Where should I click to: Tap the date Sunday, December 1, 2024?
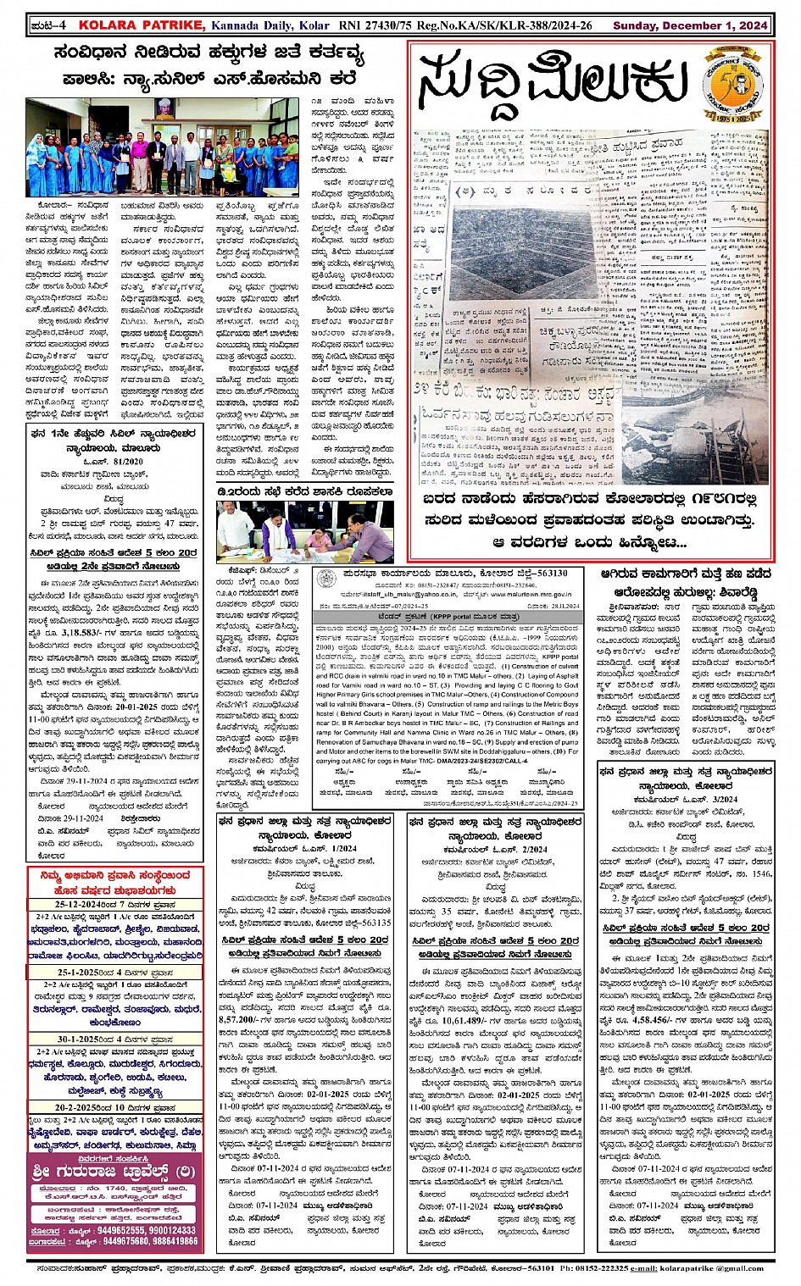point(690,25)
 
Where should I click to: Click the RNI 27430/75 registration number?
point(372,25)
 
